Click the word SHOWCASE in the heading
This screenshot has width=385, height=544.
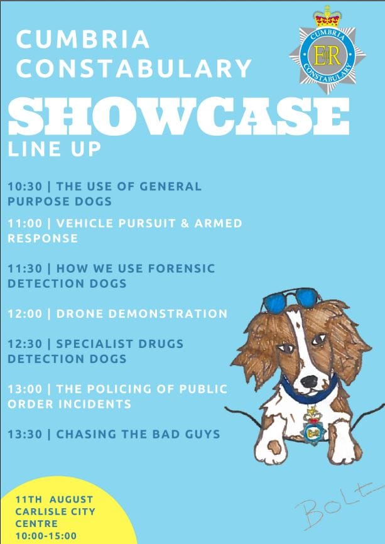click(x=178, y=117)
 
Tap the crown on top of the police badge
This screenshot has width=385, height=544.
click(x=327, y=17)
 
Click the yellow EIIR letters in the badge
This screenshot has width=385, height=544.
click(x=327, y=56)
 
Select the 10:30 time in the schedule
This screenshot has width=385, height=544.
click(x=25, y=187)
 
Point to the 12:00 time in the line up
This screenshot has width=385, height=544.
click(x=25, y=313)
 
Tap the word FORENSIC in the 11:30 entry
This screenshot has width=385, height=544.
click(x=182, y=268)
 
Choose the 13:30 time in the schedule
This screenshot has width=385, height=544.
click(x=25, y=434)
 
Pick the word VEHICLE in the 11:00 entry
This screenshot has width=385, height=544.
click(x=85, y=223)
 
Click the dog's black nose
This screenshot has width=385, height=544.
click(x=309, y=381)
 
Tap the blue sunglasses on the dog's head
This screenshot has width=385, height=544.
click(x=291, y=300)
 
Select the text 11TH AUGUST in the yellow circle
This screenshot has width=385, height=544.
click(x=55, y=499)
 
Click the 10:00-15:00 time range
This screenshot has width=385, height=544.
click(x=46, y=536)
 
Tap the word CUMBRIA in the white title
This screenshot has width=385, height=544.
click(x=83, y=39)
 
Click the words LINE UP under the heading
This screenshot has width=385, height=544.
click(x=54, y=149)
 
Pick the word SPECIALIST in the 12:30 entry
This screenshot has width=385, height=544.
click(x=94, y=344)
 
